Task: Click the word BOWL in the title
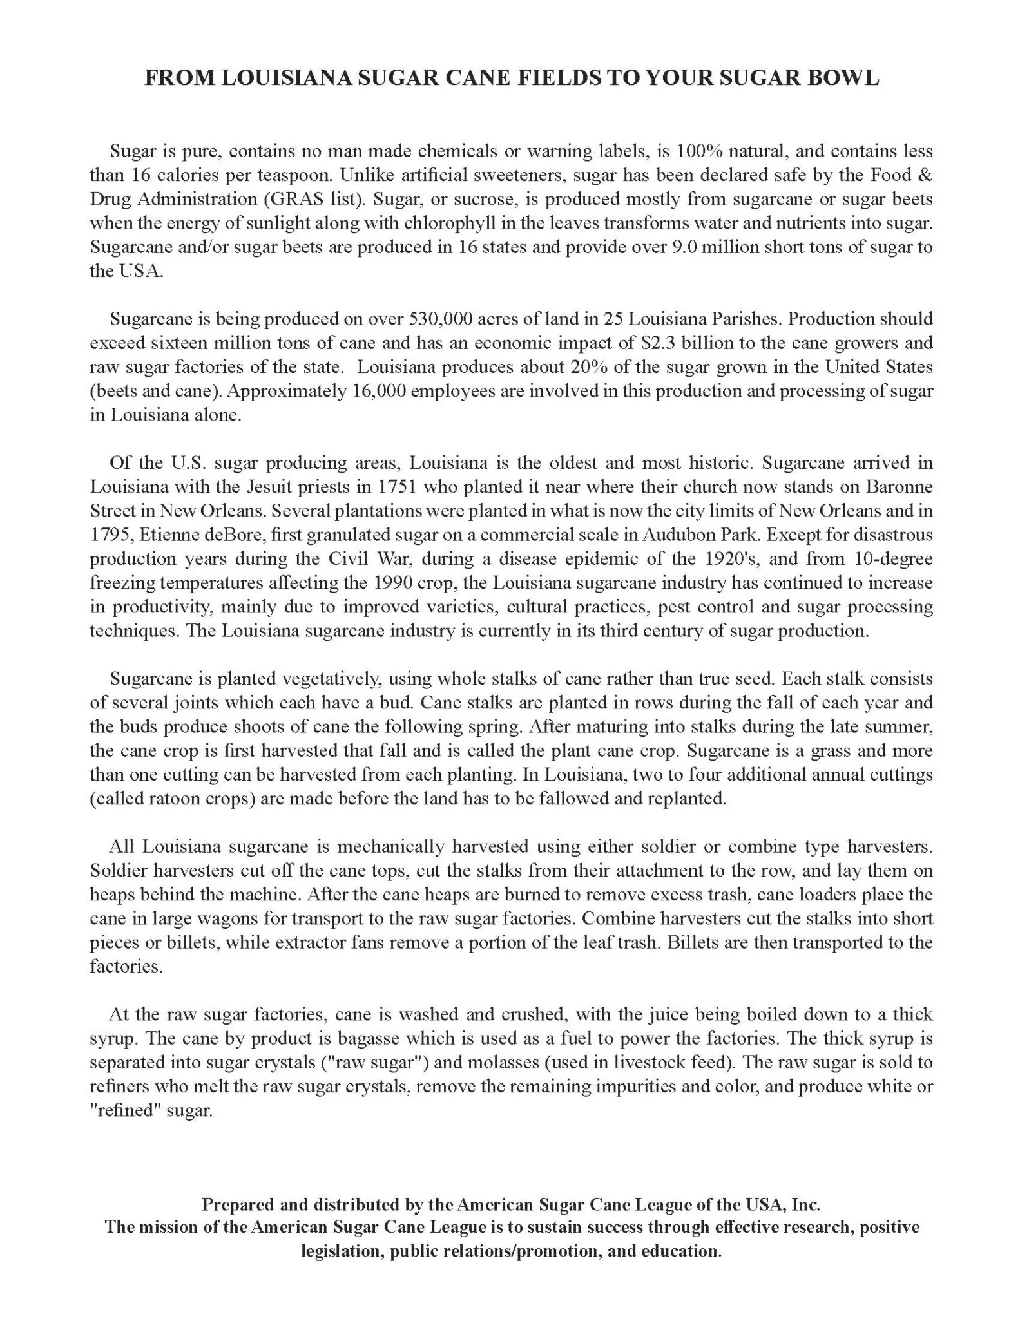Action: click(x=845, y=78)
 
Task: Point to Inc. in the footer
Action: click(x=806, y=1204)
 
